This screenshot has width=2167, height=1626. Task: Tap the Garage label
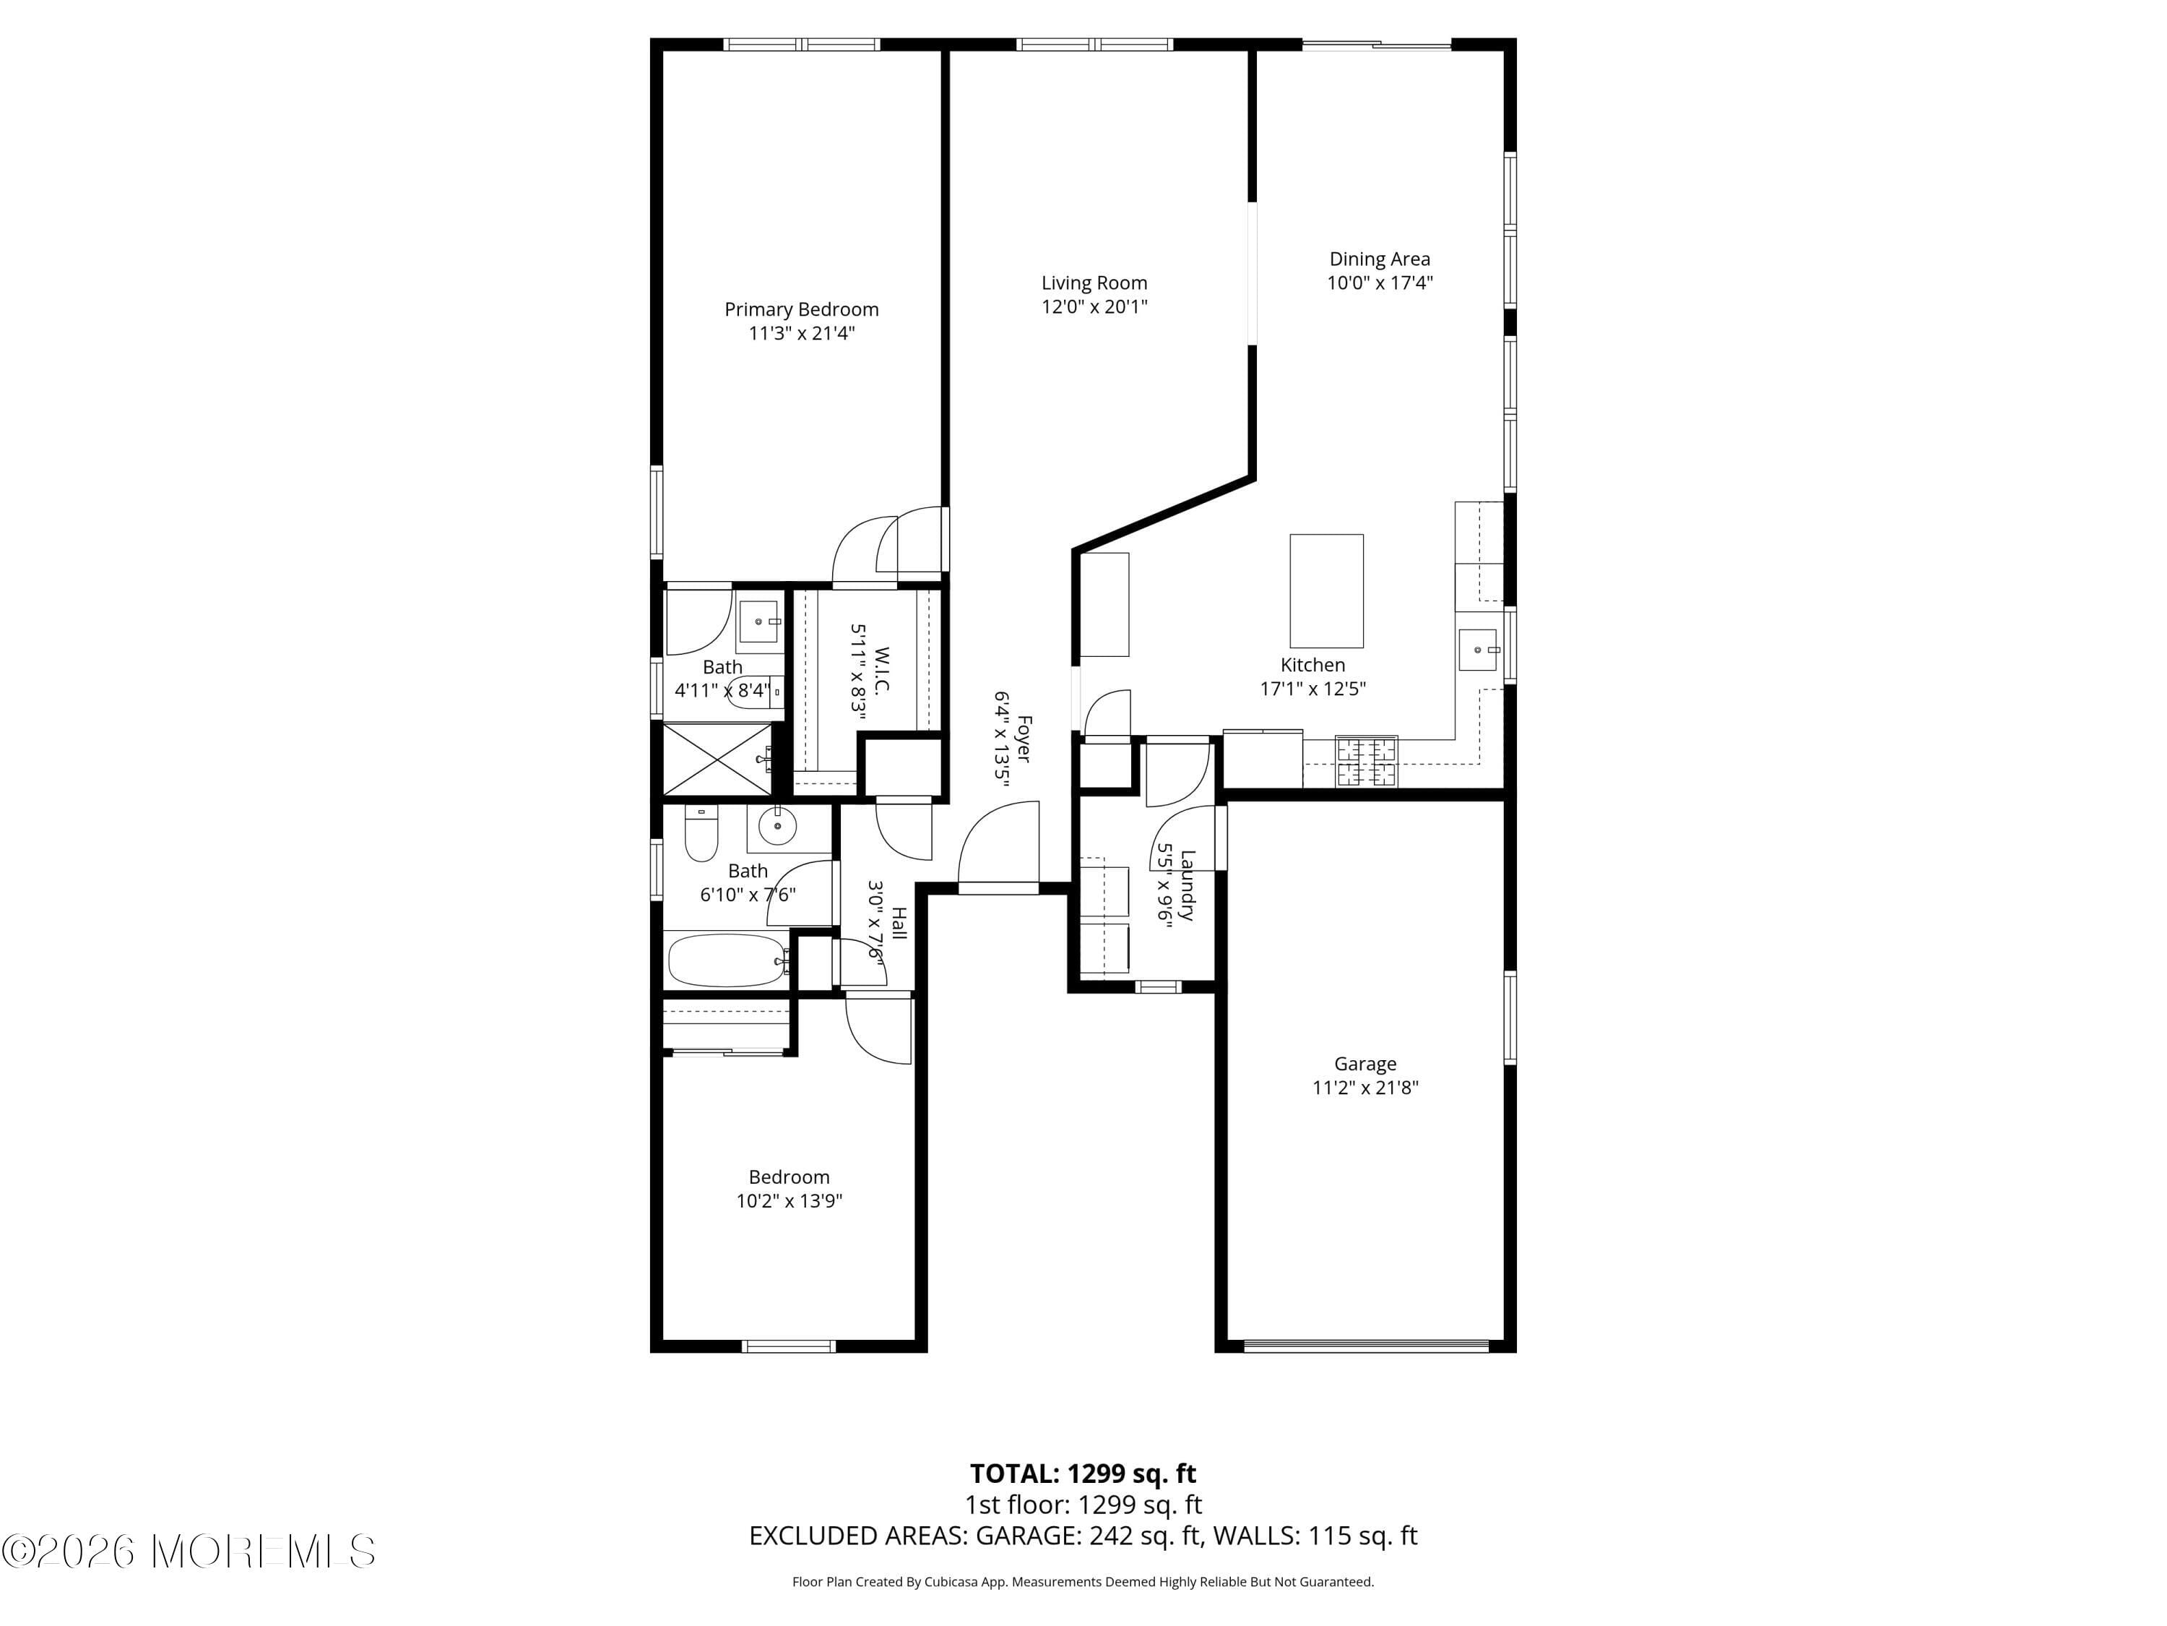pos(1364,1064)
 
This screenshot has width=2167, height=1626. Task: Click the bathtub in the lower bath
pos(726,960)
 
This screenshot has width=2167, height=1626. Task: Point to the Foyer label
pos(1024,738)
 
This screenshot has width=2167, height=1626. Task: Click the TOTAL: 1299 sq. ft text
pos(1083,1473)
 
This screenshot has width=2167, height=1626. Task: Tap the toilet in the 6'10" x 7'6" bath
pos(701,834)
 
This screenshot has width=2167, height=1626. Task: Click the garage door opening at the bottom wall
pos(1364,1346)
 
